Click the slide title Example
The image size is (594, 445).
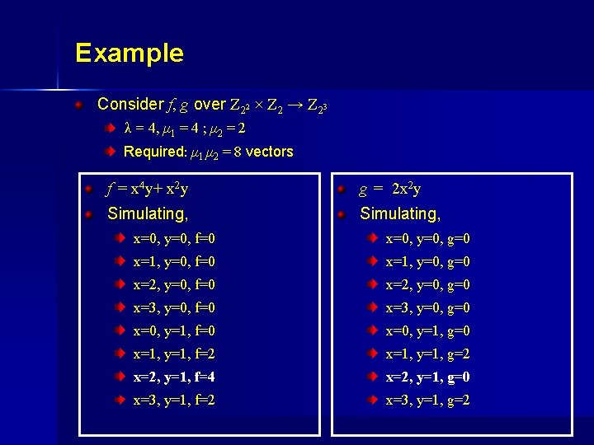click(129, 54)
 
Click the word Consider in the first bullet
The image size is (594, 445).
click(130, 105)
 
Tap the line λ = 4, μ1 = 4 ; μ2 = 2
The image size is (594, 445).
click(184, 129)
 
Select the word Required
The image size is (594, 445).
click(154, 152)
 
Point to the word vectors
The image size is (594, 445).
click(269, 152)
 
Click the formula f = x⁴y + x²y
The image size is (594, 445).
click(148, 190)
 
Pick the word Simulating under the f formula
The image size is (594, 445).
click(148, 214)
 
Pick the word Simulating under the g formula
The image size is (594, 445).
click(400, 214)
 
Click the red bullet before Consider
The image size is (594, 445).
click(78, 105)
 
